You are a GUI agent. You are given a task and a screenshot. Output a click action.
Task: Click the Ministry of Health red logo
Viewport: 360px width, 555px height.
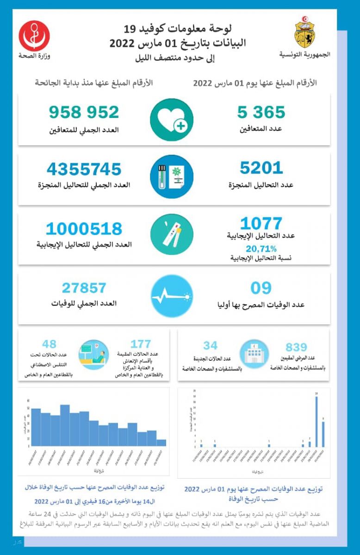(x=34, y=36)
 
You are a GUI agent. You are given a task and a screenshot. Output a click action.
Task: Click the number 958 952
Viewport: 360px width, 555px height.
(x=84, y=112)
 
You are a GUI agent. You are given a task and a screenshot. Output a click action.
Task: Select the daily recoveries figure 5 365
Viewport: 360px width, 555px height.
(x=261, y=112)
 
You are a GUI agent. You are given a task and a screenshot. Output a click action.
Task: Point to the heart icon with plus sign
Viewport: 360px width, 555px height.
(x=171, y=120)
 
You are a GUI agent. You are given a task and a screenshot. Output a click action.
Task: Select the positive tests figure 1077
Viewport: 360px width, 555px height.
(x=261, y=224)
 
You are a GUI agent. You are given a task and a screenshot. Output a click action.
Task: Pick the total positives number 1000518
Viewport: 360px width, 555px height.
(x=84, y=228)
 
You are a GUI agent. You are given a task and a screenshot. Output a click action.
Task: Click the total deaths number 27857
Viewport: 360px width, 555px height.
(x=84, y=288)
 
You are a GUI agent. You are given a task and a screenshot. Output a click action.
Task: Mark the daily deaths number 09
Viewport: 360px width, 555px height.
(x=261, y=288)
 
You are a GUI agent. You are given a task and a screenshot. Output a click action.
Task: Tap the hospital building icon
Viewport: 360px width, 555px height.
(x=253, y=354)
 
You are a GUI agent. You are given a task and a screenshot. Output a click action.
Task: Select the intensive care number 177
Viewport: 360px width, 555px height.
(x=141, y=344)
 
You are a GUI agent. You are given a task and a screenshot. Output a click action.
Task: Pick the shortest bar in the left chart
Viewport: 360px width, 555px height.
(x=161, y=443)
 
